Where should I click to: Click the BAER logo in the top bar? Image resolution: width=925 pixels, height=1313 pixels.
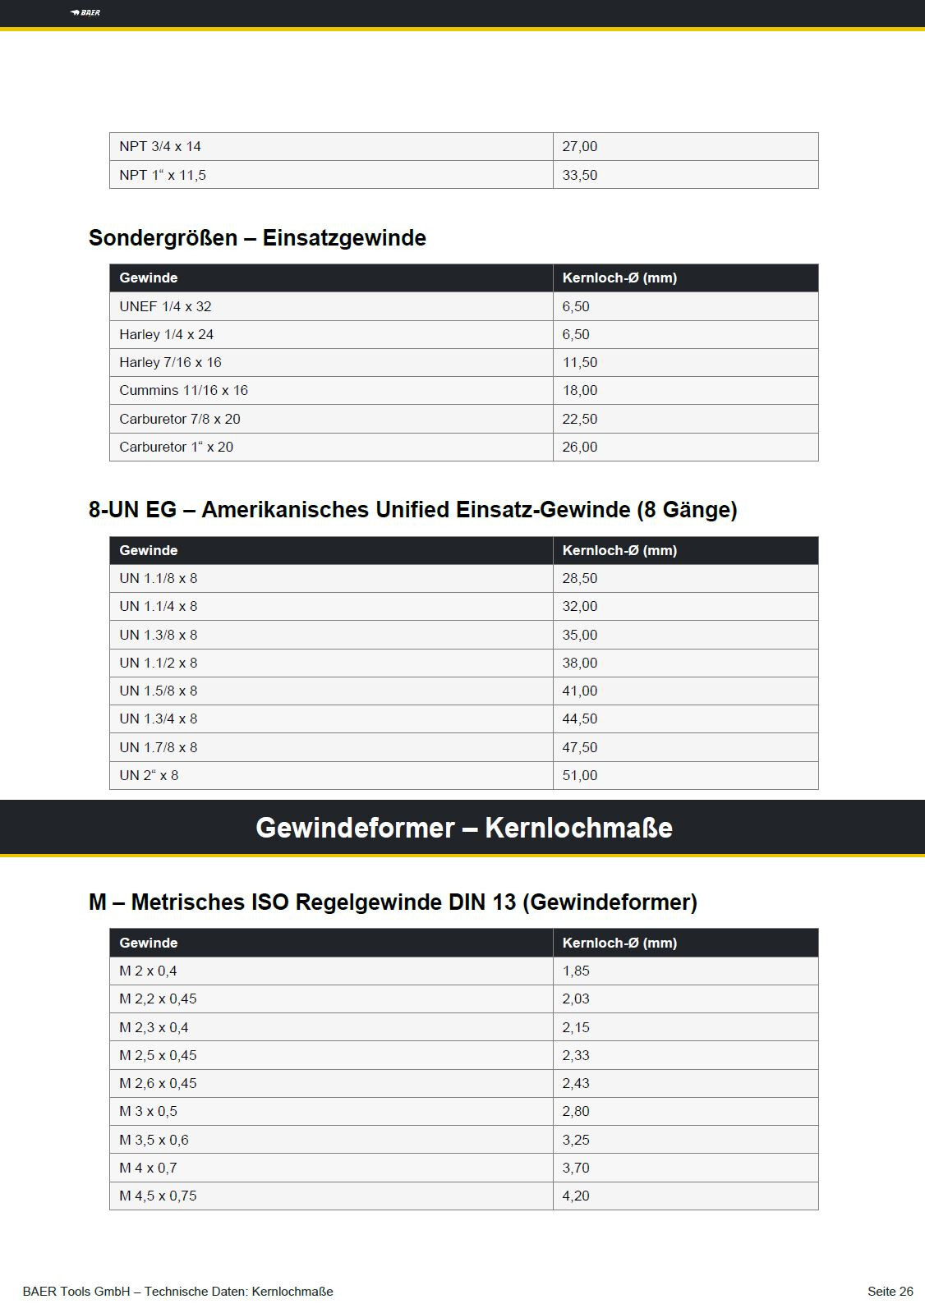pyautogui.click(x=85, y=12)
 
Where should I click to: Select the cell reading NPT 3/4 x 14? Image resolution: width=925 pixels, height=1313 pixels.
pyautogui.click(x=160, y=147)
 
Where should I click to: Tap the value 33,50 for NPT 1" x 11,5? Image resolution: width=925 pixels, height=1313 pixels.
pyautogui.click(x=579, y=175)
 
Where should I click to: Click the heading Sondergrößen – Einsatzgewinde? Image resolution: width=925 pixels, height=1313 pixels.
pyautogui.click(x=257, y=238)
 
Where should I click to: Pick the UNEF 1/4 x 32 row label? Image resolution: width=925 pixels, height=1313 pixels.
pyautogui.click(x=165, y=306)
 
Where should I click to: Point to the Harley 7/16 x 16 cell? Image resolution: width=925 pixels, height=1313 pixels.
pyautogui.click(x=170, y=362)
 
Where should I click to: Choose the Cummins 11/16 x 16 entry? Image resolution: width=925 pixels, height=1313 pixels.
pyautogui.click(x=183, y=390)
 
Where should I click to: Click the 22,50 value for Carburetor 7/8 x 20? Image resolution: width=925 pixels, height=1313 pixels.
pyautogui.click(x=579, y=419)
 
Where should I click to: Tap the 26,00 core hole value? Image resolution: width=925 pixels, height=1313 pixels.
pyautogui.click(x=579, y=447)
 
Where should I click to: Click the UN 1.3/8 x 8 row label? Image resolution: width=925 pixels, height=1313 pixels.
pyautogui.click(x=159, y=635)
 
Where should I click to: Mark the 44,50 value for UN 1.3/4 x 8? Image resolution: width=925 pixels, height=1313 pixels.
pyautogui.click(x=579, y=718)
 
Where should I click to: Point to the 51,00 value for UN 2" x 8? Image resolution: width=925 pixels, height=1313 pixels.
pyautogui.click(x=579, y=775)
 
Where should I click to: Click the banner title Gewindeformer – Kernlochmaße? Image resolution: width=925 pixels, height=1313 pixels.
pyautogui.click(x=463, y=828)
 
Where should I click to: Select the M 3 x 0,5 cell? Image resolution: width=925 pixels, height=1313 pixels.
pyautogui.click(x=149, y=1111)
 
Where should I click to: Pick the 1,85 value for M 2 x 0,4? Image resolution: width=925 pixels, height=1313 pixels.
pyautogui.click(x=576, y=971)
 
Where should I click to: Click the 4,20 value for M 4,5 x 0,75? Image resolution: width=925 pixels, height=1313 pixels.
pyautogui.click(x=576, y=1196)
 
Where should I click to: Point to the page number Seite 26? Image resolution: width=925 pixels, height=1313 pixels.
pyautogui.click(x=890, y=1292)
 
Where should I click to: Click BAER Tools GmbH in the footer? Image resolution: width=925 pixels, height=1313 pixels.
pyautogui.click(x=76, y=1292)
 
